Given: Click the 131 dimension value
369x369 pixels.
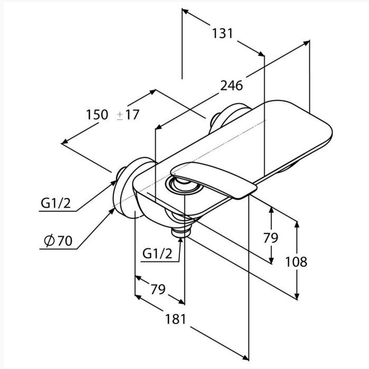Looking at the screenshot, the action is pyautogui.click(x=222, y=33).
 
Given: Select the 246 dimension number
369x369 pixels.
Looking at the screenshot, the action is pyautogui.click(x=231, y=86).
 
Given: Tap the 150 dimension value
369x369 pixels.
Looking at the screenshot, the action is pyautogui.click(x=97, y=115).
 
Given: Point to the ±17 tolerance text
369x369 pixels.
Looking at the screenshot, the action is pyautogui.click(x=128, y=115).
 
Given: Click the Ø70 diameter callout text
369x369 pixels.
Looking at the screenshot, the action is pyautogui.click(x=58, y=241).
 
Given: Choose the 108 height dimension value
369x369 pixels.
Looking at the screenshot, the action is pyautogui.click(x=296, y=262).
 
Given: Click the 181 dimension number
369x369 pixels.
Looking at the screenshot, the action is pyautogui.click(x=176, y=319).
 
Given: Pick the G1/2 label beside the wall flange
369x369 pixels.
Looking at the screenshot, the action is pyautogui.click(x=55, y=203).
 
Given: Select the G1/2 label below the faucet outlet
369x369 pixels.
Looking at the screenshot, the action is pyautogui.click(x=157, y=254).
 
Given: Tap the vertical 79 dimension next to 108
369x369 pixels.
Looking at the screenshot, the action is pyautogui.click(x=271, y=238).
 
